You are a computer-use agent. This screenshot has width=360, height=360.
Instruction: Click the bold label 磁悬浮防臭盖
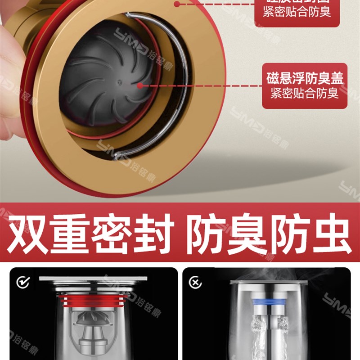pos(304,79)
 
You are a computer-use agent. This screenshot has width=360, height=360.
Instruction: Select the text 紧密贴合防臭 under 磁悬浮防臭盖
pos(304,94)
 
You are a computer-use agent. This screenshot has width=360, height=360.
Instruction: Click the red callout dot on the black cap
pos(140,85)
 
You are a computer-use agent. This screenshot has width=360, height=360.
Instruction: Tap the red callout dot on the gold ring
pos(177,4)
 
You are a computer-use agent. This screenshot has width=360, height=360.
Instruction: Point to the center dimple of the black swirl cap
pos(119,82)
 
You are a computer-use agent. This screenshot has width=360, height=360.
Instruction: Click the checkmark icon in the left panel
pos(22,282)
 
